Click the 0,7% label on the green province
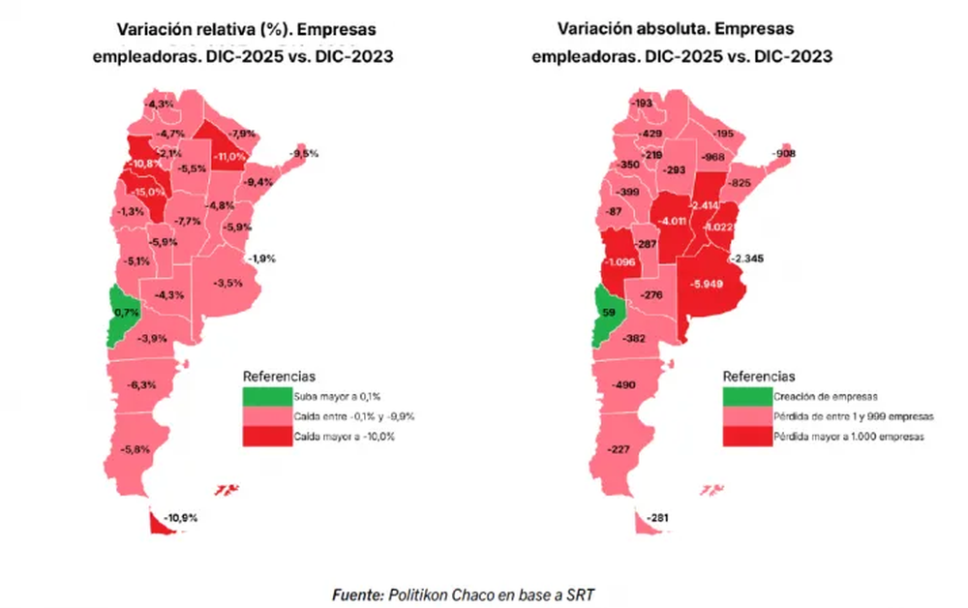click(126, 313)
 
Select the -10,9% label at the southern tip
click(181, 518)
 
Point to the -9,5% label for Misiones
click(305, 154)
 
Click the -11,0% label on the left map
click(229, 156)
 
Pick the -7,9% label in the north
click(241, 134)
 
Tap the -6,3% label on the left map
click(141, 385)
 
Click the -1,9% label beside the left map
click(262, 258)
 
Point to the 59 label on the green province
click(608, 314)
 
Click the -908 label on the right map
click(784, 155)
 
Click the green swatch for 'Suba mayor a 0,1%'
click(266, 396)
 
